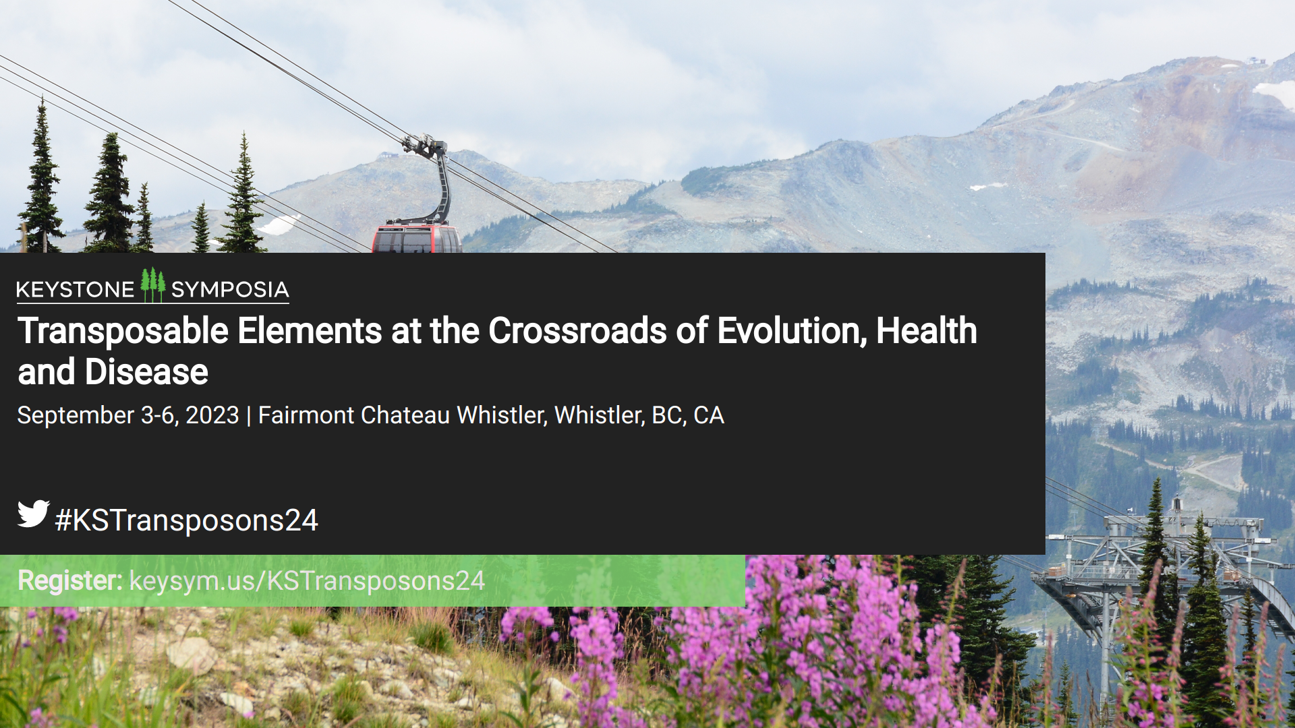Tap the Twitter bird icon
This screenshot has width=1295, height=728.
point(33,514)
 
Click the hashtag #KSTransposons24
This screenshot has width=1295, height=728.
point(186,520)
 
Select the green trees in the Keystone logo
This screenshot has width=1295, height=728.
point(153,284)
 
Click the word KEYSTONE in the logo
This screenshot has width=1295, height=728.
point(76,290)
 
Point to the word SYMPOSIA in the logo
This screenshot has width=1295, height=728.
point(230,290)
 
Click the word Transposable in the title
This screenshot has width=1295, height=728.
point(123,332)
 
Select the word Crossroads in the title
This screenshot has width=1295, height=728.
point(577,331)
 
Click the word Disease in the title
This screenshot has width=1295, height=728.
point(146,372)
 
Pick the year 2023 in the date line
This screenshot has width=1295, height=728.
point(212,415)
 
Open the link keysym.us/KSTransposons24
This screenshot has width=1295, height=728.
point(307,581)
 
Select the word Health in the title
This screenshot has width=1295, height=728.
point(926,331)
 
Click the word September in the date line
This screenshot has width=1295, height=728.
point(76,416)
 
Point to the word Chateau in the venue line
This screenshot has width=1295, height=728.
point(405,415)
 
